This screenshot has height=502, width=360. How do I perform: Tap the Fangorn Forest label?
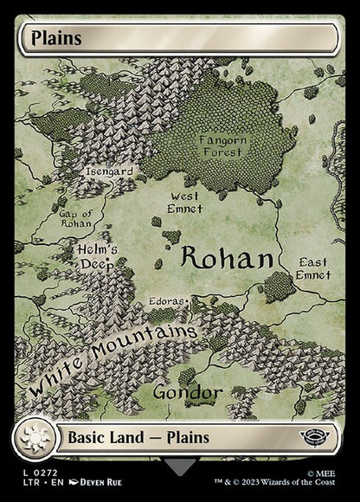(x=222, y=145)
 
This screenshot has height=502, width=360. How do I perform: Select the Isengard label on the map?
(x=109, y=171)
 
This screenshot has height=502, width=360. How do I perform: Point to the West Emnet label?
(x=184, y=203)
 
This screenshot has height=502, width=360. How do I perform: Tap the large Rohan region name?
(x=228, y=257)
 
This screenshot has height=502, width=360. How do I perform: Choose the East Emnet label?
(x=313, y=268)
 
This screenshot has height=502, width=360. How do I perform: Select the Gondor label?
(x=187, y=392)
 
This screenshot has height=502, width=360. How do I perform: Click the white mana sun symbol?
(x=35, y=437)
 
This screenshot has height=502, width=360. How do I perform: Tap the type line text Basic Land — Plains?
(x=139, y=437)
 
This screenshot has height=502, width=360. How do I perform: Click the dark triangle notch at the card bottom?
(x=180, y=467)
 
